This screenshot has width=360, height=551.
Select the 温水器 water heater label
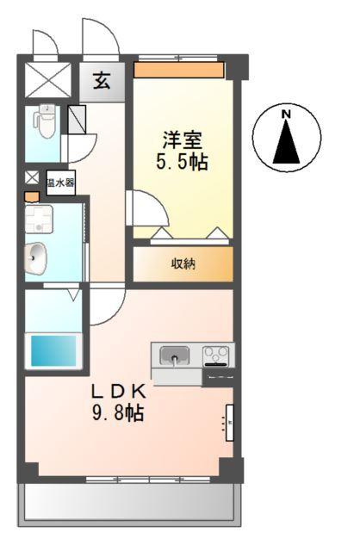coord(60,183)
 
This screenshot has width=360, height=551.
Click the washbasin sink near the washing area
coord(37,257)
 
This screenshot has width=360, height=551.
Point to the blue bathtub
coord(54,350)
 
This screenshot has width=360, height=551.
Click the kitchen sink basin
coord(175,354)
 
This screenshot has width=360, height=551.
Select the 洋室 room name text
coord(183,138)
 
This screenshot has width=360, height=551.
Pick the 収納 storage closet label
coord(183,263)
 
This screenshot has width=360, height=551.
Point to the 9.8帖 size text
coord(118,412)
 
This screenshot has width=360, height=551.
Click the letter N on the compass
coord(287,113)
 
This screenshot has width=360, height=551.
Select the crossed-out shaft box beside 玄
coord(48,79)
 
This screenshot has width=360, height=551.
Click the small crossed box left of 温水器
coord(32,178)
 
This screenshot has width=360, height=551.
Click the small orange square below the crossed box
coord(32,196)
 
